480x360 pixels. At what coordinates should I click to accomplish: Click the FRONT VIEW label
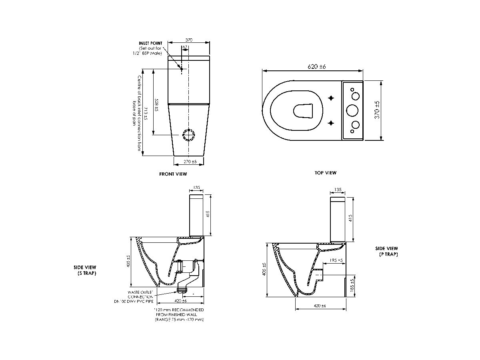pos(173,174)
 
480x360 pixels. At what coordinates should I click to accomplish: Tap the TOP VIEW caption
pos(325,173)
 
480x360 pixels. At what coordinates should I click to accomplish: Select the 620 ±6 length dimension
pos(317,66)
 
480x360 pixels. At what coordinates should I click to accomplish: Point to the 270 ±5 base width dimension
pos(190,162)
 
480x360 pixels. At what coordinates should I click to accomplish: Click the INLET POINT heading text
pos(150,43)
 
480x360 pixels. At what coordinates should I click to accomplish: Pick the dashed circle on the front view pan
pos(188,135)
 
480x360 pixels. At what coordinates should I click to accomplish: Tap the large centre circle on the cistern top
pos(352,110)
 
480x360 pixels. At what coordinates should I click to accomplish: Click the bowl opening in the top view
pos(303,111)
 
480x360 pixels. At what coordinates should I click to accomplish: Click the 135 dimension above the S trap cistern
pos(196,187)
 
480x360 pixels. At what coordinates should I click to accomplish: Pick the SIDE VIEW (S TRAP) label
pos(85,270)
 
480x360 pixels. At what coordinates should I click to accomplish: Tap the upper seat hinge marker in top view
pos(331,98)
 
